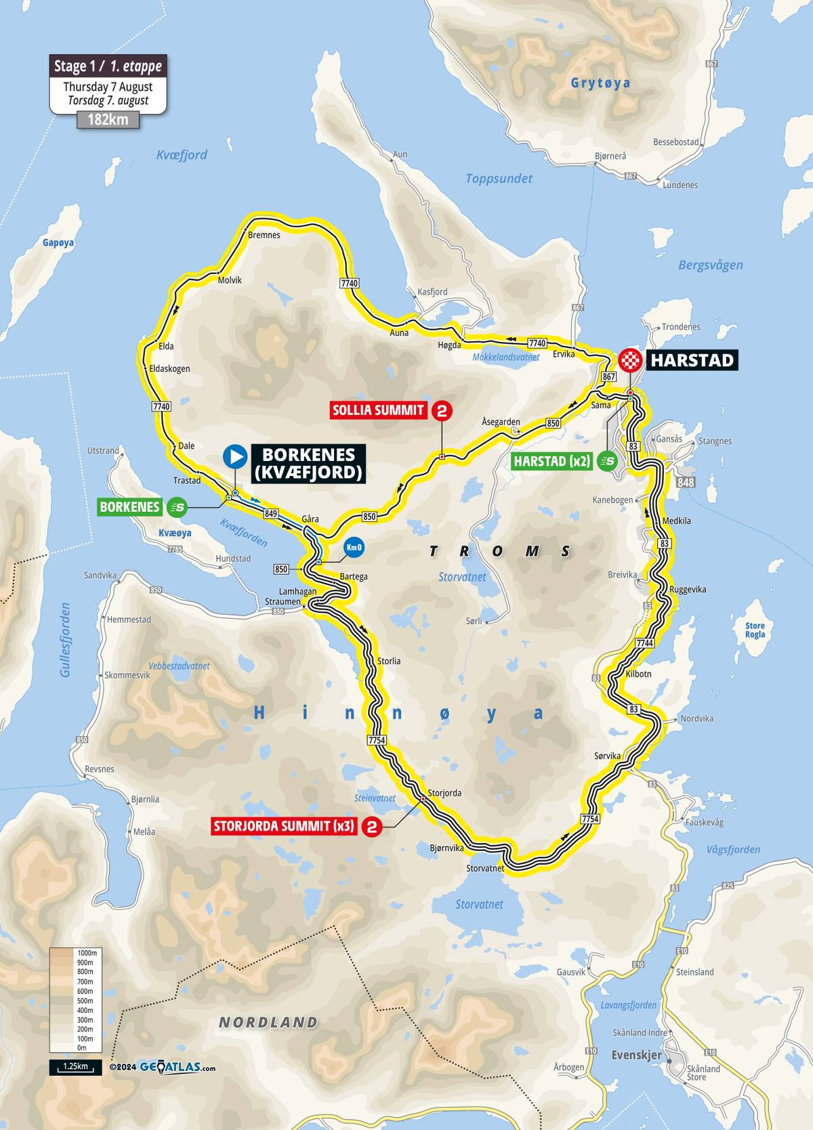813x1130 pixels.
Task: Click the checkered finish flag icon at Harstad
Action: pos(631,360)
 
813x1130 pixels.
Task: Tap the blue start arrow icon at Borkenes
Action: pos(235,456)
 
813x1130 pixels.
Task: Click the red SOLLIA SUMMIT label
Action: pos(378,410)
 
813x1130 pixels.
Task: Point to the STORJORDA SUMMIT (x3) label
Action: pos(283,826)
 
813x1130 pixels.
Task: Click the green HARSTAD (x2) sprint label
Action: pos(551,462)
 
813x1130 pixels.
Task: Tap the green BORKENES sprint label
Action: pos(129,506)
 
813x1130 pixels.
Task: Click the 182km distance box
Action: pos(108,120)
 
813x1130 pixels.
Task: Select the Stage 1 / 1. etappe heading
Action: pos(108,66)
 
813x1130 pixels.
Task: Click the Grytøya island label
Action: pos(600,83)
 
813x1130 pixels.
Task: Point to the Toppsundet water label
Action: pos(499,179)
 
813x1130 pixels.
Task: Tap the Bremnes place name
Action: pos(264,235)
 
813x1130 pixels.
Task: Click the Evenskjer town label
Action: pos(636,1055)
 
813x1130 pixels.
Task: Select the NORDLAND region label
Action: pos(268,1022)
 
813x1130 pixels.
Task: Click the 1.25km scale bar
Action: pos(75,1067)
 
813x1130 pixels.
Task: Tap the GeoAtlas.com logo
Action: pos(178,1067)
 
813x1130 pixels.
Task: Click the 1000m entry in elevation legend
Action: pos(86,953)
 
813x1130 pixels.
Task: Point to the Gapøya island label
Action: pos(58,242)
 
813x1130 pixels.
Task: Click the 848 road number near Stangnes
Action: pos(686,482)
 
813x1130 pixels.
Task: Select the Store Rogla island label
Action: pos(755,630)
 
